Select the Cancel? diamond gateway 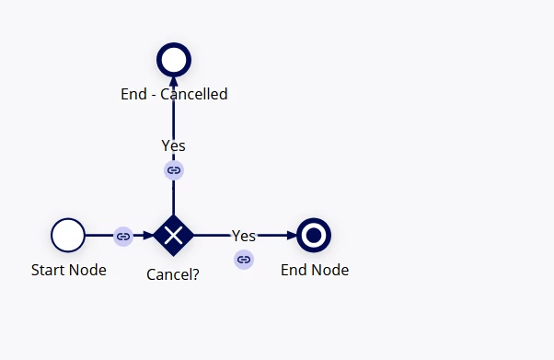click(174, 235)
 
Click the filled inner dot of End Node click(314, 235)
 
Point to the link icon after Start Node click(123, 237)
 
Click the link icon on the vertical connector click(174, 170)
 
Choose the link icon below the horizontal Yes click(244, 260)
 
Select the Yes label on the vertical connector click(174, 145)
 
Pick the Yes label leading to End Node click(244, 236)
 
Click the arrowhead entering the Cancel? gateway click(149, 235)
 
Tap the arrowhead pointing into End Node click(293, 235)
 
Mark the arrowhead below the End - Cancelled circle click(174, 81)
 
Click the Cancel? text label click(173, 274)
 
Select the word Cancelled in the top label click(194, 94)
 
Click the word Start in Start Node click(49, 270)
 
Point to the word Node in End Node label click(332, 270)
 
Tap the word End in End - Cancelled click(134, 94)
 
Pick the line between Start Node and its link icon click(99, 235)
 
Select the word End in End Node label click(295, 270)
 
